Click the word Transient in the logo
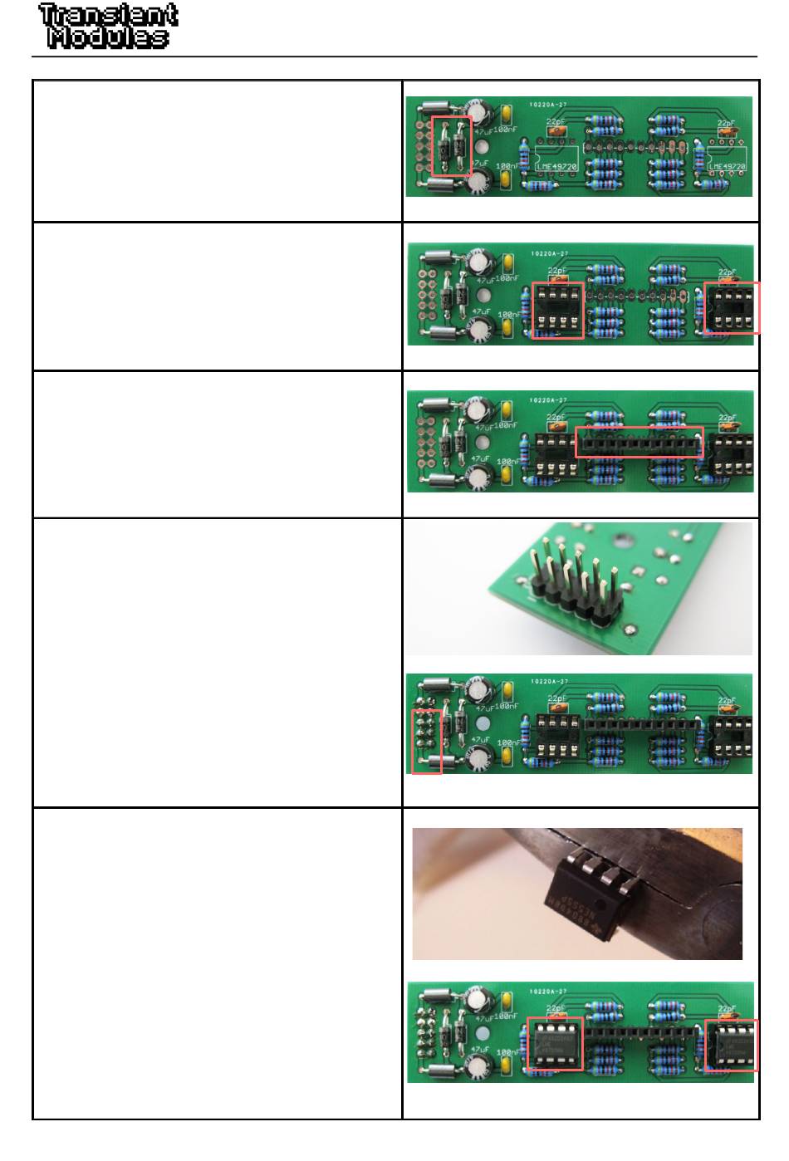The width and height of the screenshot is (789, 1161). (x=108, y=15)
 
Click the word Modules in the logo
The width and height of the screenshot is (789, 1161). (x=108, y=37)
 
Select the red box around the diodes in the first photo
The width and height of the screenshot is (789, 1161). (x=452, y=145)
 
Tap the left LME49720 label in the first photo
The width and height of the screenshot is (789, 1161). (x=556, y=167)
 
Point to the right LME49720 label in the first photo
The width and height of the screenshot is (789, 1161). (x=728, y=167)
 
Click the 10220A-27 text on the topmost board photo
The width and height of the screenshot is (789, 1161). (x=548, y=105)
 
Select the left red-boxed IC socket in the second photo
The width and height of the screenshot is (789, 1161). (x=557, y=310)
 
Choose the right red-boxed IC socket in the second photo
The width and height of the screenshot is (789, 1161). (x=732, y=307)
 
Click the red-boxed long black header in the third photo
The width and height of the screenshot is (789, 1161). (x=640, y=443)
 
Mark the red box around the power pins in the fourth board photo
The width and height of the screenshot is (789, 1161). (x=427, y=742)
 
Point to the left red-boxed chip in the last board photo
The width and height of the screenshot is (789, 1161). (x=556, y=1044)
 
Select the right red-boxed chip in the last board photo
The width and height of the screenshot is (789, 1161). (x=732, y=1044)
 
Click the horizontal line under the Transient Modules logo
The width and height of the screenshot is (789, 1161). (x=394, y=56)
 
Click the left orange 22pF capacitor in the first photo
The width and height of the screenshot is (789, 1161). (x=555, y=130)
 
